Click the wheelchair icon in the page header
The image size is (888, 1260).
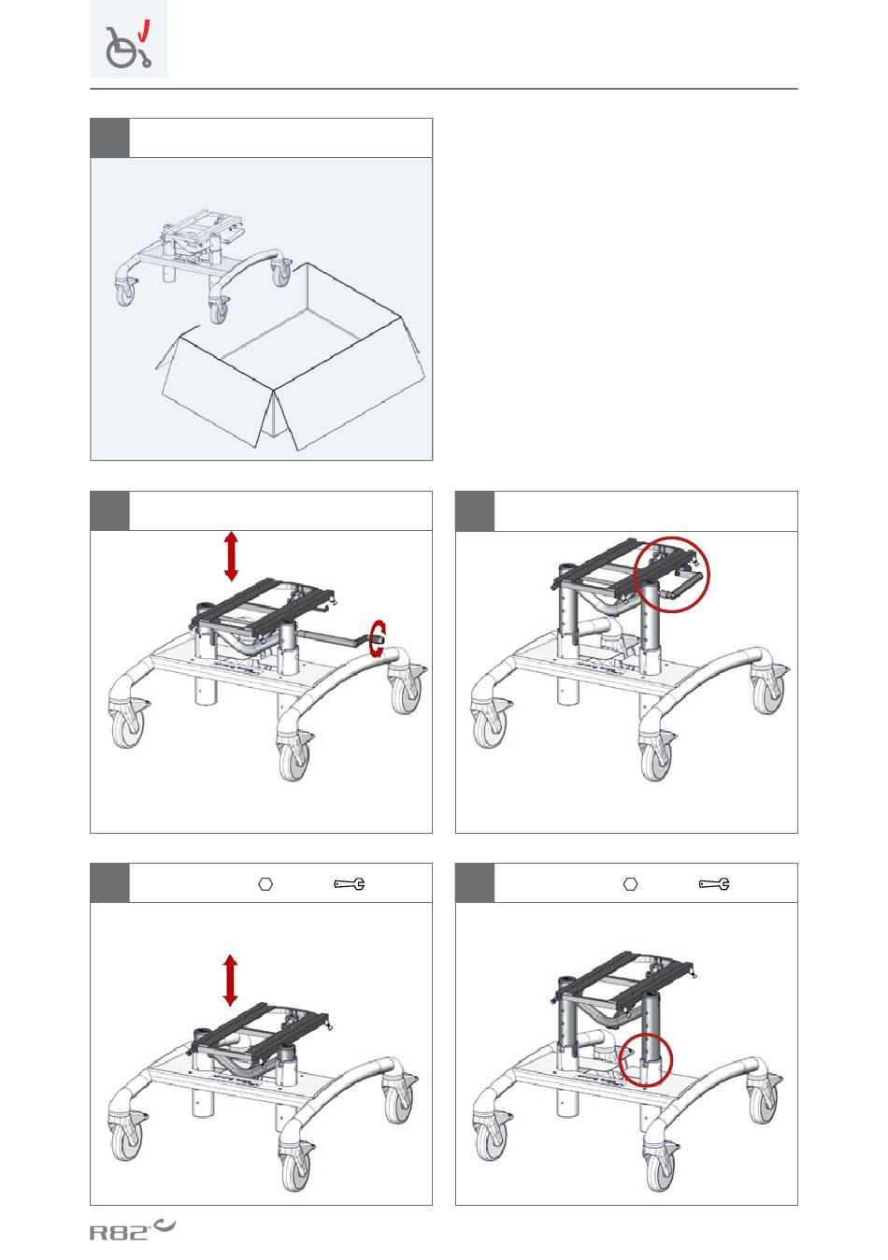click(128, 49)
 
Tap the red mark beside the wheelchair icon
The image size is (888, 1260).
click(145, 31)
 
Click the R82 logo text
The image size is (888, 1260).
click(120, 1233)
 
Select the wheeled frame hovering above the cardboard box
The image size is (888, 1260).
click(204, 265)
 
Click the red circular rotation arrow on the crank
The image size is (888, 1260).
click(378, 638)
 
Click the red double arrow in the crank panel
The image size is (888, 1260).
click(231, 557)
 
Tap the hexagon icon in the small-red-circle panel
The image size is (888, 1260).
click(630, 883)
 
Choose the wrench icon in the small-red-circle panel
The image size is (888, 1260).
click(714, 884)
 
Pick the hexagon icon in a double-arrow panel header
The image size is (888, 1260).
click(265, 884)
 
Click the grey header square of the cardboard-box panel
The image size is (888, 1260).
click(109, 137)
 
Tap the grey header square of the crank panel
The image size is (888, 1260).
click(109, 510)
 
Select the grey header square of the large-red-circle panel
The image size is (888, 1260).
click(475, 510)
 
